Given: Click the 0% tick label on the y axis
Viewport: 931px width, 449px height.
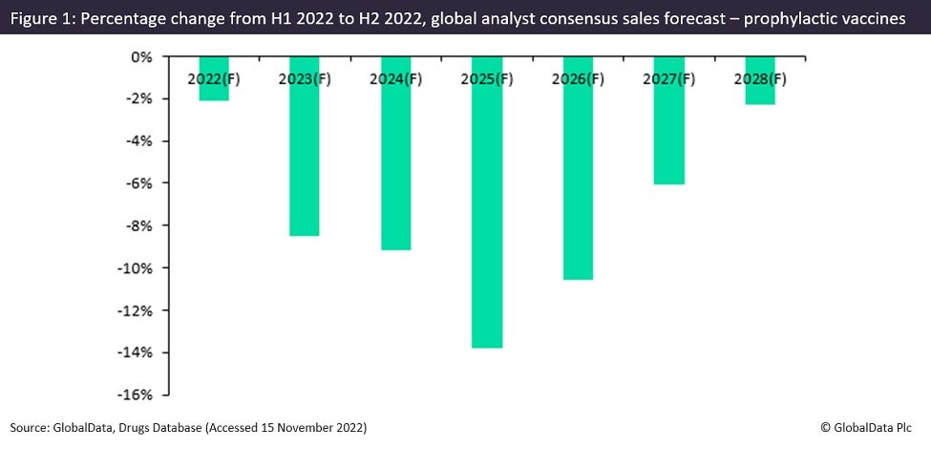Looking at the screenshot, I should pyautogui.click(x=140, y=57).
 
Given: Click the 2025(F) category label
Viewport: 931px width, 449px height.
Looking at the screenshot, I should pyautogui.click(x=487, y=79).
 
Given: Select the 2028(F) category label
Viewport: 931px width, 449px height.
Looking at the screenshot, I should pyautogui.click(x=760, y=79).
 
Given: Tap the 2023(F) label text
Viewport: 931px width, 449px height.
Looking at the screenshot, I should pyautogui.click(x=304, y=79).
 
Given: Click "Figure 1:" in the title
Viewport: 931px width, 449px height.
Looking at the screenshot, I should pyautogui.click(x=43, y=19).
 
